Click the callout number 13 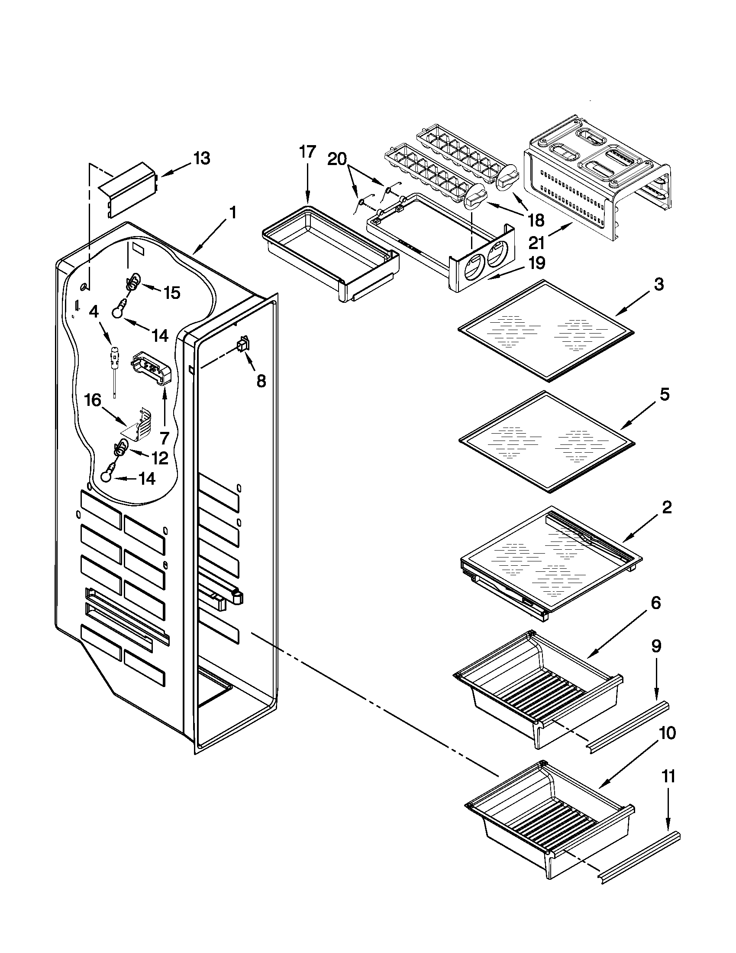pos(201,158)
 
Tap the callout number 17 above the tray pos(307,152)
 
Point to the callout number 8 pos(261,381)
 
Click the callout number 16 pos(93,400)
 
